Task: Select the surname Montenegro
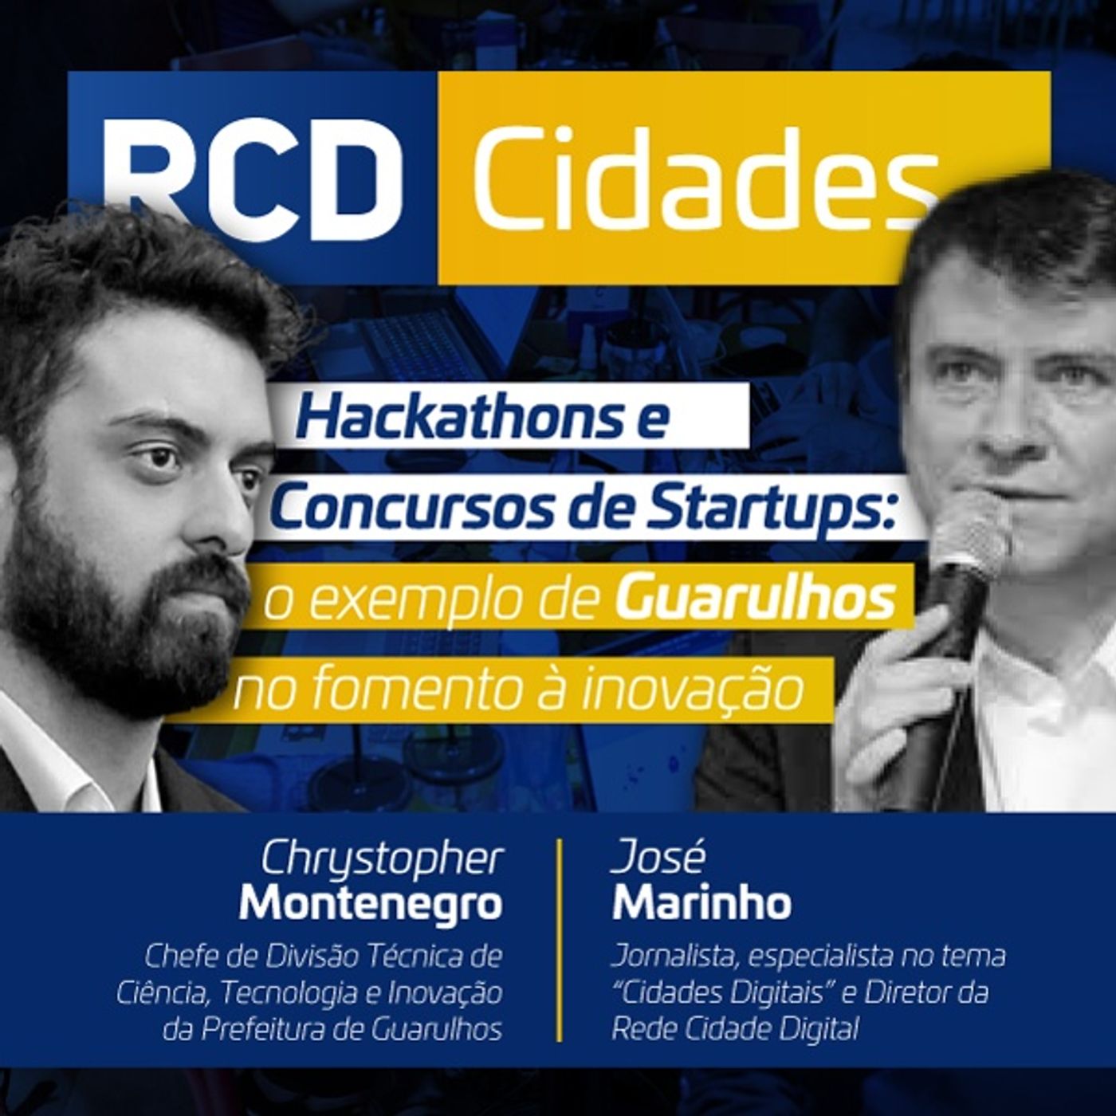click(371, 903)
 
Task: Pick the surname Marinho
click(701, 903)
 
